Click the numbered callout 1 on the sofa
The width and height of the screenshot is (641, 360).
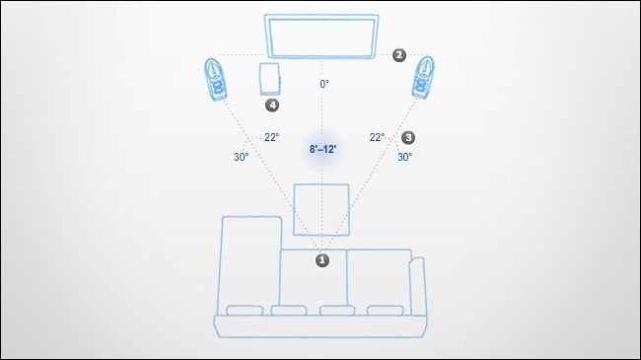coord(322,260)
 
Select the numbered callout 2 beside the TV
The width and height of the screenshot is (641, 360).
coord(399,55)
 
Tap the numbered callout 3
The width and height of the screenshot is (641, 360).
coord(408,137)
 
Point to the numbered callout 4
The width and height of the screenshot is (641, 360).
coord(272,106)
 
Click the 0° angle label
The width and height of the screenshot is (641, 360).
coord(324,84)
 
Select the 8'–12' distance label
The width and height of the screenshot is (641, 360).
coord(322,149)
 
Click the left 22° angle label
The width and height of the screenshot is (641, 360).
coord(272,137)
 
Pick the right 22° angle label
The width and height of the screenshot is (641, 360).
coord(377,137)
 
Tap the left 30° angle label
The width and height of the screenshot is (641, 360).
coord(242,157)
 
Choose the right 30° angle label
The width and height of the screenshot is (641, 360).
coord(404,157)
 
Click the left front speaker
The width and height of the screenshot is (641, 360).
coord(215,79)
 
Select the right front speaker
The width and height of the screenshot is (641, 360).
coord(423,78)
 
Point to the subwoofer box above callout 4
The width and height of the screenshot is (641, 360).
coord(269,79)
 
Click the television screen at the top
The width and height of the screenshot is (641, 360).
coord(321,36)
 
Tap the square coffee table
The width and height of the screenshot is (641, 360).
coord(321,210)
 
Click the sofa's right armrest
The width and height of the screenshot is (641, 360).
coord(417,286)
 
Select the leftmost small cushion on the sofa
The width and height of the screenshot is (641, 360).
coord(245,311)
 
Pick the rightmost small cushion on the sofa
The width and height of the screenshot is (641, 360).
coord(385,311)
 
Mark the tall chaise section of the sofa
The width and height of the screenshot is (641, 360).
coord(251,265)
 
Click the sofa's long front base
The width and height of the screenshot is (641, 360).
coord(320,326)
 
